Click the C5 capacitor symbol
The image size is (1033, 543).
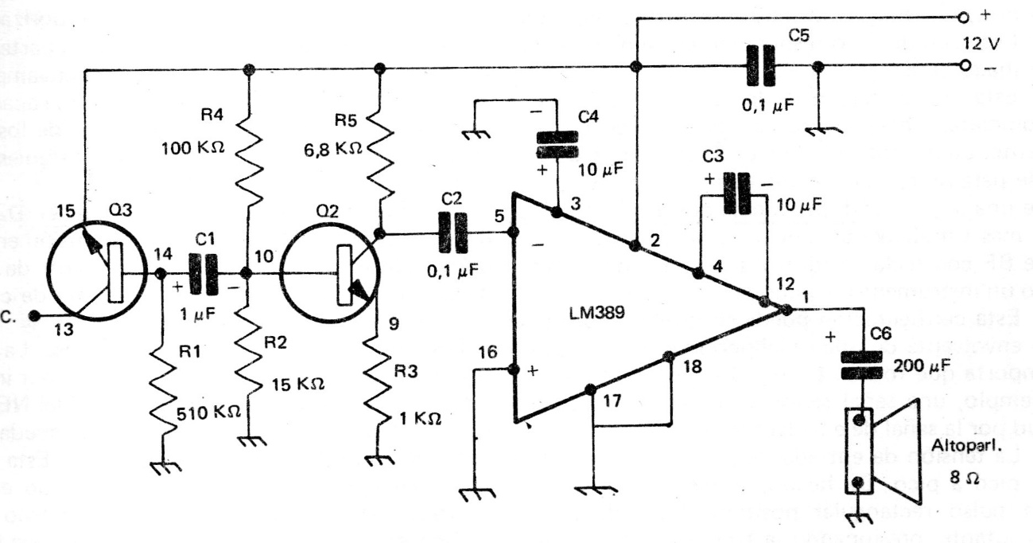tap(760, 66)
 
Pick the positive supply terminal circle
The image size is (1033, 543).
tap(963, 16)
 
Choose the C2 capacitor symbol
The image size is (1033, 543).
tap(451, 233)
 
